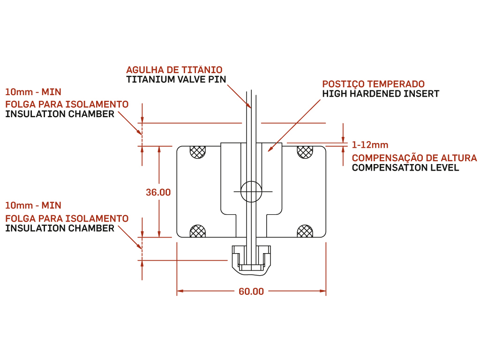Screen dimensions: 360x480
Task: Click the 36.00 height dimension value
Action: [158, 192]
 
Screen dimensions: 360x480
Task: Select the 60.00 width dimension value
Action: [251, 292]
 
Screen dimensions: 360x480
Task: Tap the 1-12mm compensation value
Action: [370, 145]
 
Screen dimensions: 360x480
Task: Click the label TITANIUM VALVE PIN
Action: [176, 79]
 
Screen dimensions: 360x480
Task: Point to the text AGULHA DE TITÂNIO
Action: [174, 70]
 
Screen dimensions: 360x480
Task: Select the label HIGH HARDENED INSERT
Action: [381, 94]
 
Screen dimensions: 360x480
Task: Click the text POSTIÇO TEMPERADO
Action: [373, 84]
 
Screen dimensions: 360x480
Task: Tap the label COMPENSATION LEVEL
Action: [405, 168]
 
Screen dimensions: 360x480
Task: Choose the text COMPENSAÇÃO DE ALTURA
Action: [414, 158]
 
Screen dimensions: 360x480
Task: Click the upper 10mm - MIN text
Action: [33, 91]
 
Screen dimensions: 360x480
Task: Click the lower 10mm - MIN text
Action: [33, 205]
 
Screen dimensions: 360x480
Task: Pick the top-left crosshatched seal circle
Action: [198, 151]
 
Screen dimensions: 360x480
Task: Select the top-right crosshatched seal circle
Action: [305, 151]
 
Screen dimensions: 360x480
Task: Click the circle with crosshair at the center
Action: [251, 192]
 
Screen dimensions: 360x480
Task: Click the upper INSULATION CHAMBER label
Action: [60, 114]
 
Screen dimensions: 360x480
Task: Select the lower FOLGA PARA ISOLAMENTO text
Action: [67, 218]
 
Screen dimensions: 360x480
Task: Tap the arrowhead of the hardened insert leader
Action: [269, 151]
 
